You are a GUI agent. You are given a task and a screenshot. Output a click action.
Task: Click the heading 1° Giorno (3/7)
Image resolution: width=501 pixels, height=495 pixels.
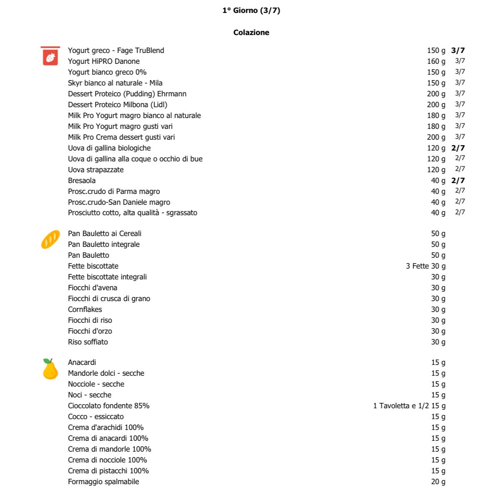point(251,11)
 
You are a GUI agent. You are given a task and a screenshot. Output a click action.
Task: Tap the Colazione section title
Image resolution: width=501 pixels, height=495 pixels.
point(251,33)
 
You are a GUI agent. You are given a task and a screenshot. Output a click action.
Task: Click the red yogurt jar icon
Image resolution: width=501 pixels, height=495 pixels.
point(50,56)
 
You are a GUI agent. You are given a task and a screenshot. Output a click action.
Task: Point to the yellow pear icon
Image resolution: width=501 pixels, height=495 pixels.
point(50,369)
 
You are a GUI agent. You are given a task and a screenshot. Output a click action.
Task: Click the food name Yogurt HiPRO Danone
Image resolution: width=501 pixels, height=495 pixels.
point(104,61)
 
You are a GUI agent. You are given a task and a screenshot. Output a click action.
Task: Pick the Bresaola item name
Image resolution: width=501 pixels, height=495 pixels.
point(82,181)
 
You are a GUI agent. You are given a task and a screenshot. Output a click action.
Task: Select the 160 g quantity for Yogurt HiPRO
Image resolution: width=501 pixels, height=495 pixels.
point(436,61)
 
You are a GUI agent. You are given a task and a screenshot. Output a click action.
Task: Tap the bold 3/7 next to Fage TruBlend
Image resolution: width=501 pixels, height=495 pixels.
point(458,50)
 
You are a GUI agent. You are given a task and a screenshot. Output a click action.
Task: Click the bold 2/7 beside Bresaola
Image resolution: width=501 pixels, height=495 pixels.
point(458,181)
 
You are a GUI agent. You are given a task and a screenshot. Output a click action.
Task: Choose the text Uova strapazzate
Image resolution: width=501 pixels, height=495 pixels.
point(96,170)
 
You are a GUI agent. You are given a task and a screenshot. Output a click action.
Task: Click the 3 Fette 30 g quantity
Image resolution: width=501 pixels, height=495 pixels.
point(425,266)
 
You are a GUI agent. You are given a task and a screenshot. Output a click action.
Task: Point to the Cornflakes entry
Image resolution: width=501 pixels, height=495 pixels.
point(85,309)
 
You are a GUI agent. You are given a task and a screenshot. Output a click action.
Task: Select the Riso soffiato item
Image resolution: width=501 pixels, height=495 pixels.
point(88,342)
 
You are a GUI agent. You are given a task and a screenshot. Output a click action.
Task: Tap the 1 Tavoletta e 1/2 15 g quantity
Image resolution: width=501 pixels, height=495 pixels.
point(409,406)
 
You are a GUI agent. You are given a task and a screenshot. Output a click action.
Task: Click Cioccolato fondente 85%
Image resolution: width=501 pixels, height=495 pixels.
point(109,406)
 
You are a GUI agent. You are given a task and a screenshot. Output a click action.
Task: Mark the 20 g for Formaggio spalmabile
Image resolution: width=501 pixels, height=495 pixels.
point(438,482)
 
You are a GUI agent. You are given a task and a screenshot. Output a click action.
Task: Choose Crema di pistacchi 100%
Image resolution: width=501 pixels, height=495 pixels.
point(108,471)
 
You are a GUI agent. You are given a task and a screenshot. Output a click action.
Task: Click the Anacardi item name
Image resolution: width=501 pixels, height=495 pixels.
point(82,362)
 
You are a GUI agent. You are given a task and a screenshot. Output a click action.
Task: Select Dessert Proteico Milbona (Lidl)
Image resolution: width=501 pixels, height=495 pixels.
point(117,105)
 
